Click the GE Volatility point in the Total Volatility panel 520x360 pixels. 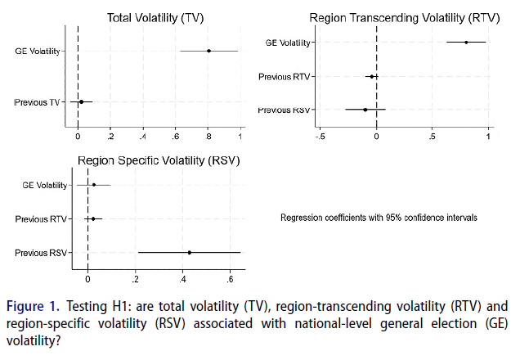coord(208,51)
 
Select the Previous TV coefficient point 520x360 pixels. coord(81,102)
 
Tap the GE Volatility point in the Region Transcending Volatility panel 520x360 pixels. coord(466,42)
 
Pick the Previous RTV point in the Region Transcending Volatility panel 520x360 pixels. coord(372,77)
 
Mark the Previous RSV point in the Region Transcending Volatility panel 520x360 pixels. coord(365,109)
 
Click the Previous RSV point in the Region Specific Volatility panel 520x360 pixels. coord(190,252)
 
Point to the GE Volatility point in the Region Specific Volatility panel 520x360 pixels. coord(94,185)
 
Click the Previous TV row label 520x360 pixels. coord(38,102)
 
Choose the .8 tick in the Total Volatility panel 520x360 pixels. coord(208,136)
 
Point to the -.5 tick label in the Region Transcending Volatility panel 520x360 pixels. coord(321,136)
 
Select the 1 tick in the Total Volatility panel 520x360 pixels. coord(240,136)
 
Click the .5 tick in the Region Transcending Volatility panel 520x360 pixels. coord(432,136)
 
